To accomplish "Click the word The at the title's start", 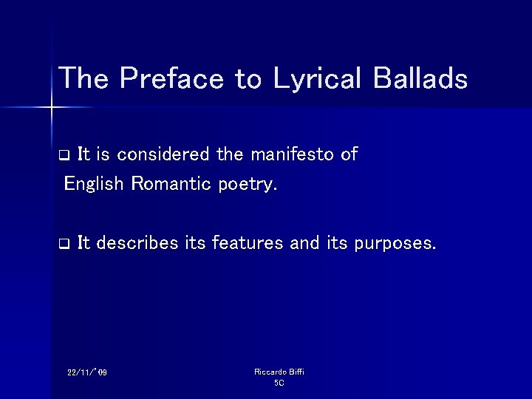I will (x=84, y=78).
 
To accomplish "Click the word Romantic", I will (x=171, y=183).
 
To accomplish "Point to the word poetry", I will (x=248, y=185).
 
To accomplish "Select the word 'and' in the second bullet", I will (x=304, y=242).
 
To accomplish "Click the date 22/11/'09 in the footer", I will (x=86, y=372).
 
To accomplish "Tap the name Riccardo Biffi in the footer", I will (x=279, y=372).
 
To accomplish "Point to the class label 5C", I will (x=279, y=383).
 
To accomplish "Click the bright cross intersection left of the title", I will (x=52, y=108).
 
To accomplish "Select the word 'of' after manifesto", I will (x=349, y=154).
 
